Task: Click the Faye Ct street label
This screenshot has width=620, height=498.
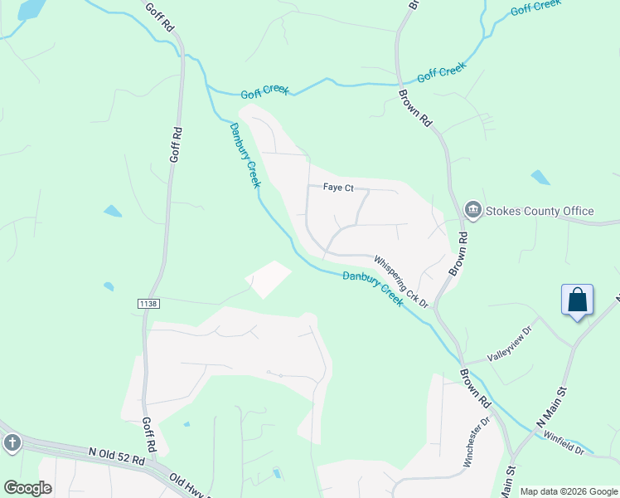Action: pyautogui.click(x=337, y=188)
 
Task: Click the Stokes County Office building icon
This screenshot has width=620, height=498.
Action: pyautogui.click(x=473, y=211)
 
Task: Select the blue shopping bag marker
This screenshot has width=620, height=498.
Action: pyautogui.click(x=578, y=300)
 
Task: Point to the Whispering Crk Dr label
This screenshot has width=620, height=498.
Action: pyautogui.click(x=400, y=281)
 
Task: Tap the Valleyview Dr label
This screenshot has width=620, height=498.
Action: pyautogui.click(x=514, y=344)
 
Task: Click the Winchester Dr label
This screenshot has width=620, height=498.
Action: pyautogui.click(x=477, y=442)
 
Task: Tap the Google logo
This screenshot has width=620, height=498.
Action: pyautogui.click(x=27, y=488)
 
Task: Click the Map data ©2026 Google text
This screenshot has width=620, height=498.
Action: pyautogui.click(x=569, y=491)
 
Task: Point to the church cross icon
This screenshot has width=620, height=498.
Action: pyautogui.click(x=12, y=442)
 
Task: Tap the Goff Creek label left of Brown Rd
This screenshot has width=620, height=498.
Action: pyautogui.click(x=265, y=90)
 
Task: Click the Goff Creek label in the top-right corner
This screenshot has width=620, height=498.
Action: pyautogui.click(x=536, y=8)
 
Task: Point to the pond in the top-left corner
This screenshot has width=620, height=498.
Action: pyautogui.click(x=30, y=9)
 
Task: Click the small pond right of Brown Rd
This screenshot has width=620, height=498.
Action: pyautogui.click(x=540, y=177)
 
